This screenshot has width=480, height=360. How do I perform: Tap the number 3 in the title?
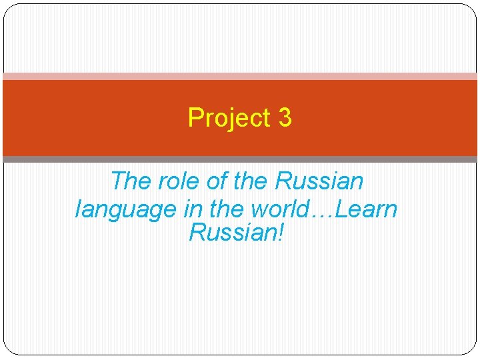(285, 118)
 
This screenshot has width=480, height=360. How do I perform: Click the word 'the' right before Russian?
(251, 181)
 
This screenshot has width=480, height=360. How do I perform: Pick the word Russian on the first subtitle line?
(320, 181)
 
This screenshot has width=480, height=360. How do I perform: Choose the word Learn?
(367, 209)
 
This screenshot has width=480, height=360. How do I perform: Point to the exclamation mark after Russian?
(280, 233)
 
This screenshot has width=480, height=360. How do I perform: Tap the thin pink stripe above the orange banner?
(240, 76)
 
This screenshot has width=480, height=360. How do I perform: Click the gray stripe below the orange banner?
(240, 159)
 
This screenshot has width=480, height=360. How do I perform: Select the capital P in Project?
(195, 118)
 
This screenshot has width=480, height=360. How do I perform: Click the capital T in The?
(117, 181)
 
